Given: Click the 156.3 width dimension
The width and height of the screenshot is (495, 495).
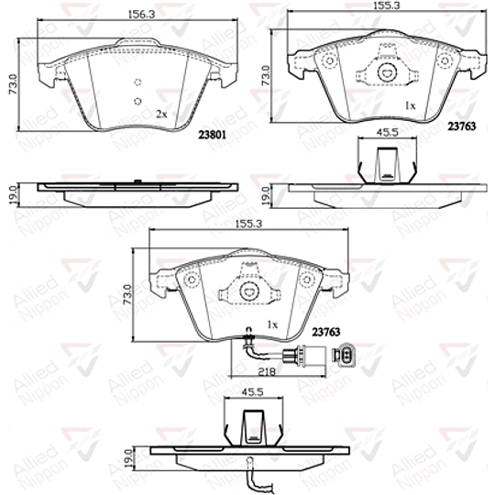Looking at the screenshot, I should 140,14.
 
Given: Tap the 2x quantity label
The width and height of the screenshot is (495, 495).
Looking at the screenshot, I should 161,114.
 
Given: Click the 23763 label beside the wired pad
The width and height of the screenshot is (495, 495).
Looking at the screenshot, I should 327,333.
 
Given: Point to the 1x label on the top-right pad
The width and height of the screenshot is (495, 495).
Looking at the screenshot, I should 412,107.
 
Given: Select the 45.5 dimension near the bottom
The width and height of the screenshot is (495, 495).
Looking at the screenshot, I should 252,395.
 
